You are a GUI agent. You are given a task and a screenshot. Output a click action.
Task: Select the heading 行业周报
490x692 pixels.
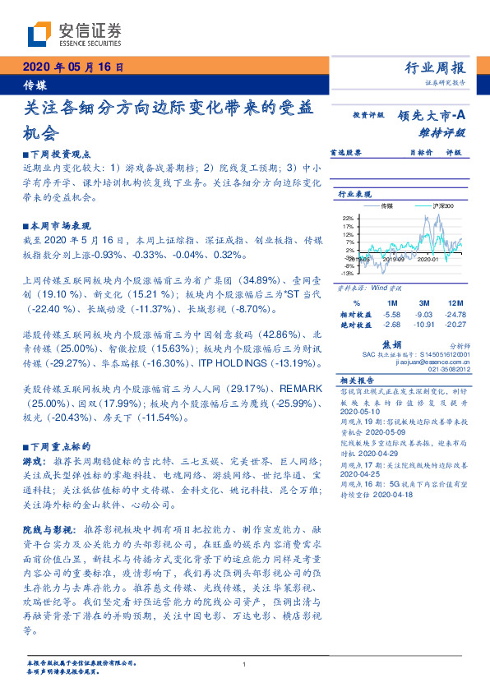click(435, 68)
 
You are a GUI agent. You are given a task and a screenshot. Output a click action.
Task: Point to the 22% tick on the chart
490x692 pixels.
click(348, 217)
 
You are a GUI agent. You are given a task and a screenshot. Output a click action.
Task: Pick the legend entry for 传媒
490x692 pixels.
click(386, 205)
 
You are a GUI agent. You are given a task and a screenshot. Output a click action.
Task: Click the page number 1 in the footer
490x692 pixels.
click(245, 664)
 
